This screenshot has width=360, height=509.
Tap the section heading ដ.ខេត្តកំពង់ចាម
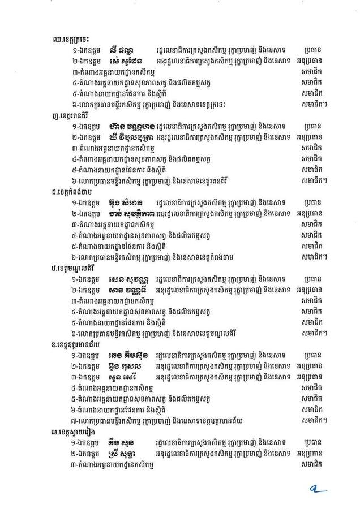(x=73, y=191)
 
